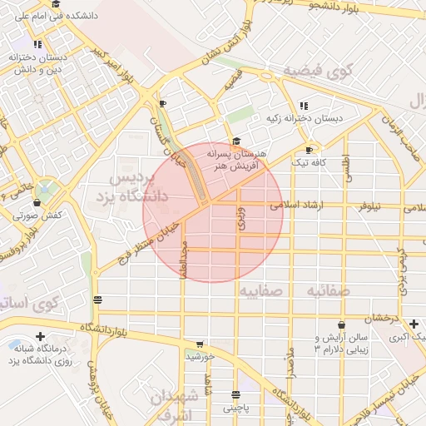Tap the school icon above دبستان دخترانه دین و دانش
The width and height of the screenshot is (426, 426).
point(37,44)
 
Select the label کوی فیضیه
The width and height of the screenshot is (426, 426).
point(319,71)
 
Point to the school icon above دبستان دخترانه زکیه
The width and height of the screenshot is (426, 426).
point(304,106)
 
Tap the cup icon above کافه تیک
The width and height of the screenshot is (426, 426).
point(310,151)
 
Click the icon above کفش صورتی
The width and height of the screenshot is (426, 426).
point(36,202)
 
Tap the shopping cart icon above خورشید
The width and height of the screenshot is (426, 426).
point(200,344)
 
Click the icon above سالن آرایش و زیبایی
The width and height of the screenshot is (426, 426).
point(341,325)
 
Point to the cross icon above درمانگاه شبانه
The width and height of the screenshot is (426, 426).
point(40,336)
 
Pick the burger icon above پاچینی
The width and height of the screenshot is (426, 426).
point(236,394)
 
